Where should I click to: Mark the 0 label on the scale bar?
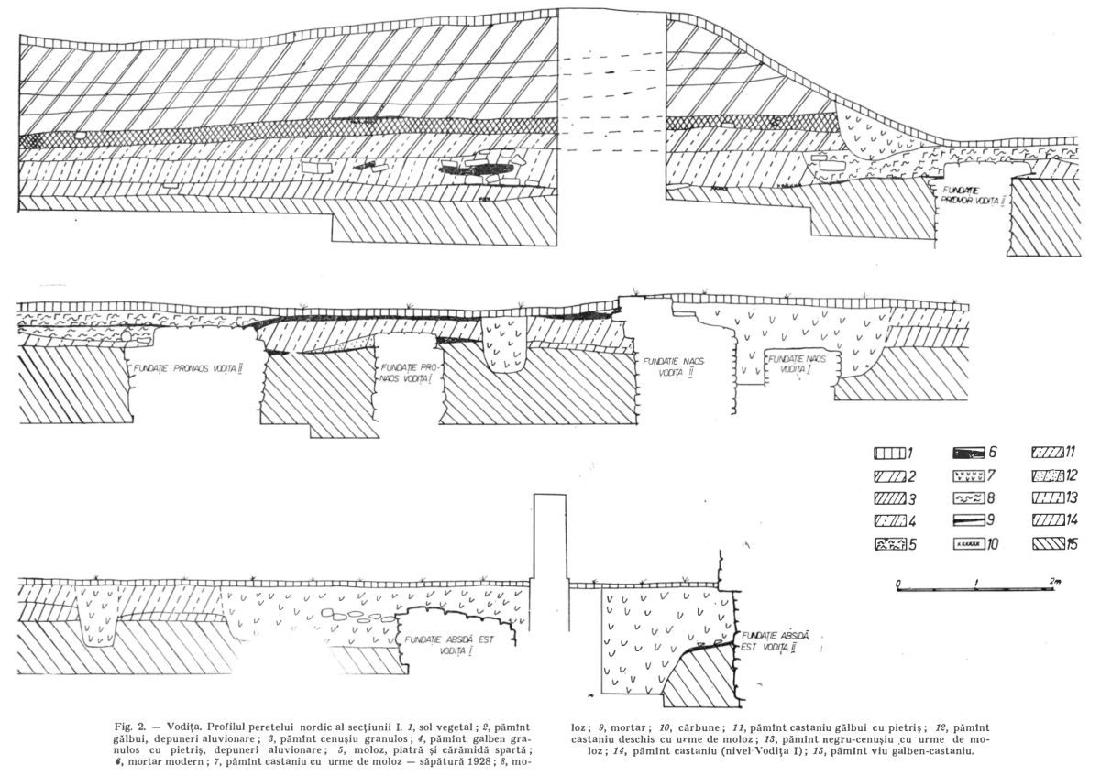coord(899,582)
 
